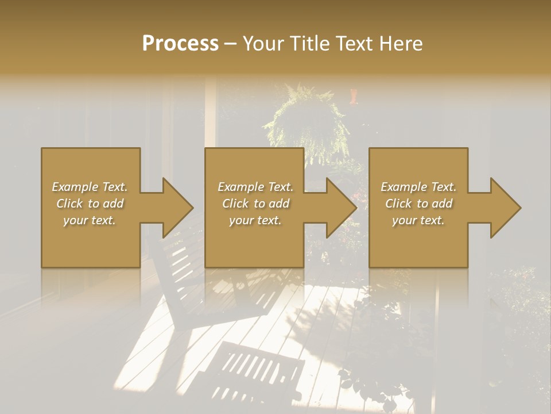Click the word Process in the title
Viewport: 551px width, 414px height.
[180, 44]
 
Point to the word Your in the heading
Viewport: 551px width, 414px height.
[264, 44]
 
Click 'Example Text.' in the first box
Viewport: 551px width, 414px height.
[90, 187]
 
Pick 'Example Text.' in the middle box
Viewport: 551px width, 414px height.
[255, 187]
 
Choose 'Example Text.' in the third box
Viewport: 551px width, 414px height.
[418, 187]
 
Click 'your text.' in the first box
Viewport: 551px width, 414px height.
[90, 220]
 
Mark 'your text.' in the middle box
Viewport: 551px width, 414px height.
[255, 220]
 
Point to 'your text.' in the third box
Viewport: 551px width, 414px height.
[418, 220]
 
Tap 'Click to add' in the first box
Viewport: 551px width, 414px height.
[90, 204]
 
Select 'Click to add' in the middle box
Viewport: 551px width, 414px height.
[255, 204]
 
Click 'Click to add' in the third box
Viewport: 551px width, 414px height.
[418, 204]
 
